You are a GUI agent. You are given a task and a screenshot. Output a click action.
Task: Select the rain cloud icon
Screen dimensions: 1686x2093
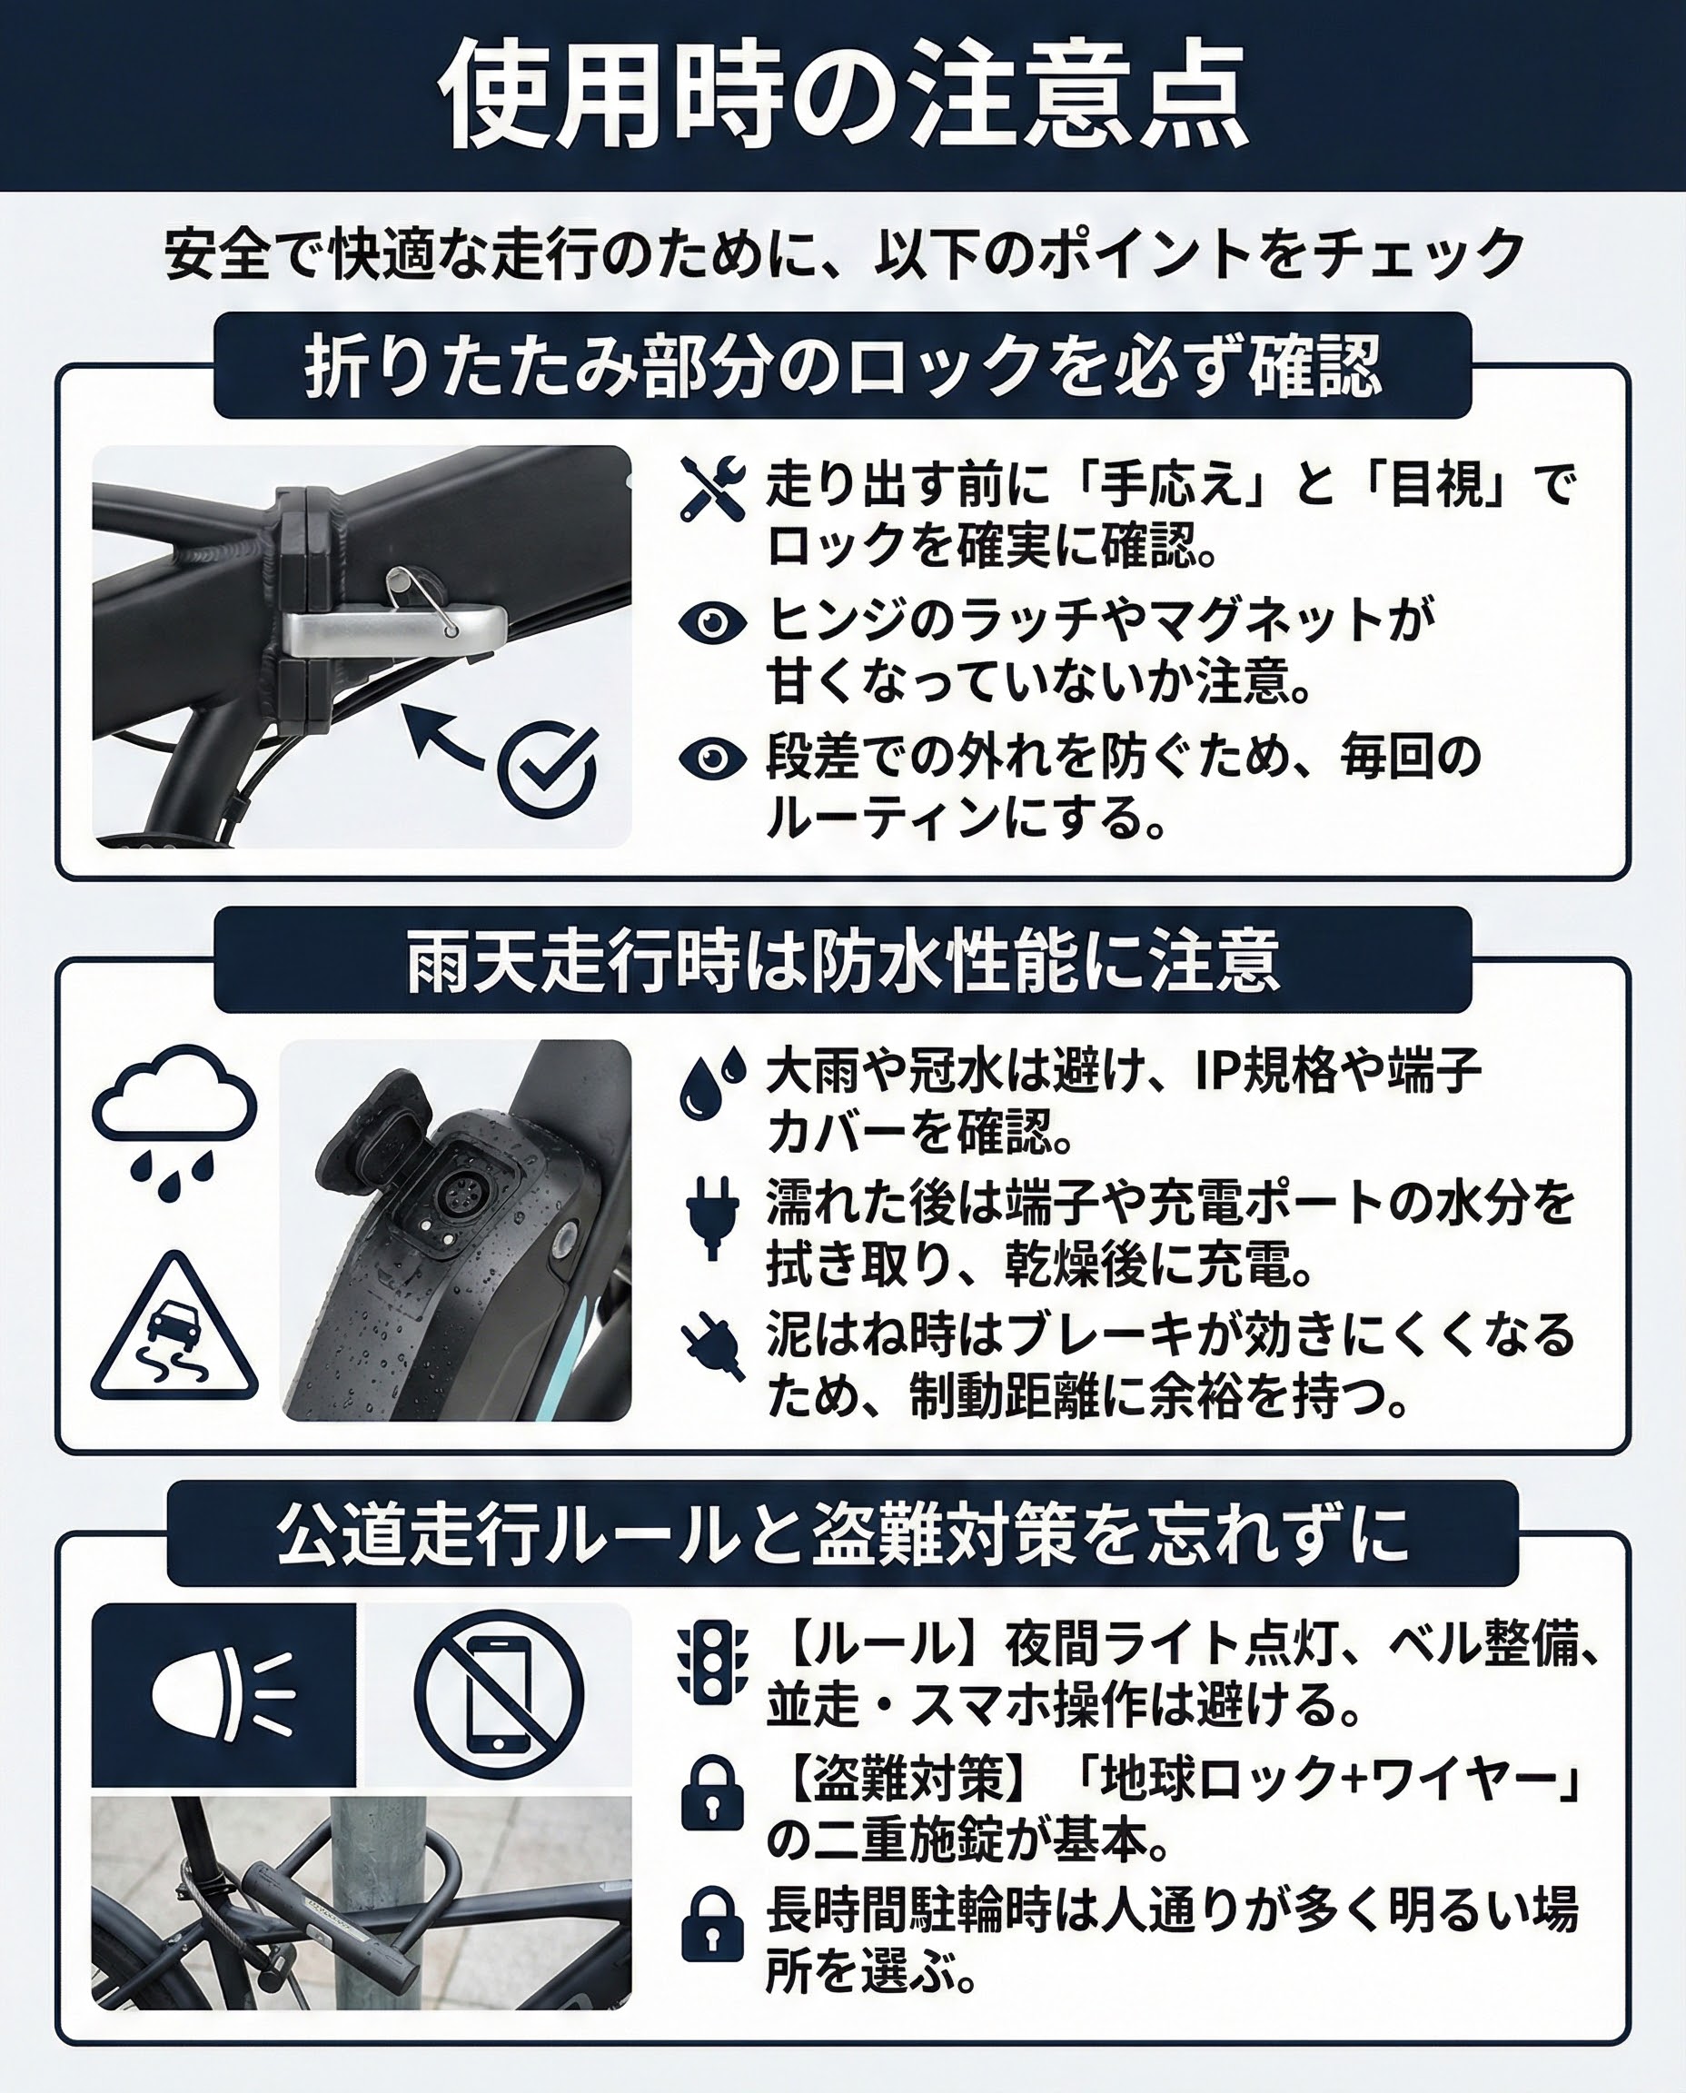tap(174, 1122)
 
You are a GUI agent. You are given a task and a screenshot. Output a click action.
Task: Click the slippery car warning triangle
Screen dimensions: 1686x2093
tap(174, 1331)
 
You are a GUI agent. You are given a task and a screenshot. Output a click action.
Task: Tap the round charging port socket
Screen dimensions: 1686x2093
tap(453, 1195)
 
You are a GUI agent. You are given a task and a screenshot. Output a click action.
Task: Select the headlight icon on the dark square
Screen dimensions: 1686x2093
tap(223, 1696)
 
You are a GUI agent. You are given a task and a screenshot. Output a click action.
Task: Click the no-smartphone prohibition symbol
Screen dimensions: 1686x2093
tap(498, 1694)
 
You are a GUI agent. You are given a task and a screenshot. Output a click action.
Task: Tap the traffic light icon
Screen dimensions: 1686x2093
tap(712, 1663)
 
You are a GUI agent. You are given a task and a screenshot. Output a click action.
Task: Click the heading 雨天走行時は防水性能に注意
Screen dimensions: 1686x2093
tap(842, 960)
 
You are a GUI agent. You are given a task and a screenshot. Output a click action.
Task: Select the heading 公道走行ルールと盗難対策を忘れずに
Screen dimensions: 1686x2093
tap(842, 1534)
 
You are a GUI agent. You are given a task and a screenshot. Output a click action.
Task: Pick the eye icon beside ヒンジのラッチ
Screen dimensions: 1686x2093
tap(712, 622)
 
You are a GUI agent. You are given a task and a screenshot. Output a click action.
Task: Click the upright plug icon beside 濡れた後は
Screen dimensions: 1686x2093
tap(712, 1218)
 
